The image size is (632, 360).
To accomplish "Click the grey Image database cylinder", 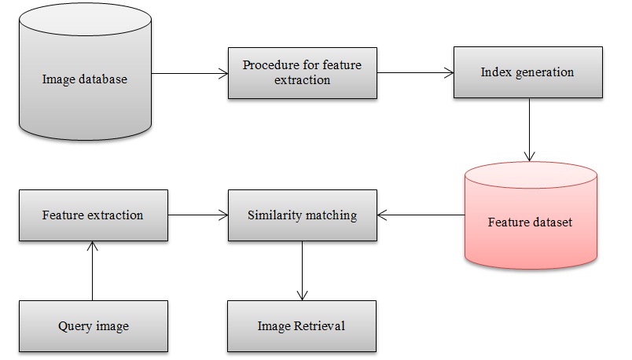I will coord(84,79).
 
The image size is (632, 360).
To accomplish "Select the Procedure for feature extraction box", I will coord(302,72).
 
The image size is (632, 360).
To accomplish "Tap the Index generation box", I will coord(527,72).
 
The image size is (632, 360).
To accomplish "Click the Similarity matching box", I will coord(302,215).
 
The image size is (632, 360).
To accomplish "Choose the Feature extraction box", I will coord(93,215).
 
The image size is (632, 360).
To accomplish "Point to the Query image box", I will coord(93,325).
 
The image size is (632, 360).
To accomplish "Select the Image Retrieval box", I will coord(302,325).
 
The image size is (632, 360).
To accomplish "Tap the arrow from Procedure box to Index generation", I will coord(414,73).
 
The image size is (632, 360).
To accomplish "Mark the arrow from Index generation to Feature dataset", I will coord(531,130).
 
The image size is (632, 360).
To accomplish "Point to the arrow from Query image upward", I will coord(93,271).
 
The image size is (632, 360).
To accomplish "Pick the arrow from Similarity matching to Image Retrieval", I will coord(302,270).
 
